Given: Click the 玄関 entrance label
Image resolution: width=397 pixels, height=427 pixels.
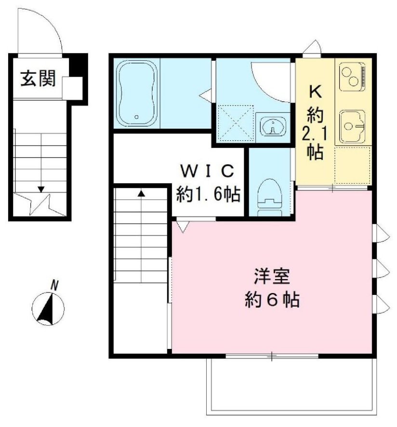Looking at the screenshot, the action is pyautogui.click(x=38, y=79).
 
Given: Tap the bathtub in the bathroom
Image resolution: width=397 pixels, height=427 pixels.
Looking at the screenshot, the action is pyautogui.click(x=137, y=93).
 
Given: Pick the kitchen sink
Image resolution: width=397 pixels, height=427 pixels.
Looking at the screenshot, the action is pyautogui.click(x=352, y=126).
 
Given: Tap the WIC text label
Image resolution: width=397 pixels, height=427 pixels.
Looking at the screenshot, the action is pyautogui.click(x=208, y=171).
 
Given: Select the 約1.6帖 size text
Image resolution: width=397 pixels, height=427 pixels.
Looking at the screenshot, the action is pyautogui.click(x=208, y=194).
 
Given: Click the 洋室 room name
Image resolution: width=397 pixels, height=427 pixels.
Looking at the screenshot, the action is pyautogui.click(x=272, y=276).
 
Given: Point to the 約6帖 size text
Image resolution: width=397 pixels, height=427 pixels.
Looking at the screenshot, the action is pyautogui.click(x=272, y=300).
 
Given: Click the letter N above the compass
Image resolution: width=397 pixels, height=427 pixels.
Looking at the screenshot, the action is pyautogui.click(x=55, y=286).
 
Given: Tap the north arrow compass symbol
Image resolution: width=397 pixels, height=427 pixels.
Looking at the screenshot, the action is pyautogui.click(x=48, y=309).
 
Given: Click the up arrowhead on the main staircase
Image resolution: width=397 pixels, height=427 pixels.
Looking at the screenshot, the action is pyautogui.click(x=141, y=193).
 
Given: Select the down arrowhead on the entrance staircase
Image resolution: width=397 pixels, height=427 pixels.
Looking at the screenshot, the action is pyautogui.click(x=41, y=189).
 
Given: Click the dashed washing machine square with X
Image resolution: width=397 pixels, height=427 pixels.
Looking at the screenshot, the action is pyautogui.click(x=236, y=123).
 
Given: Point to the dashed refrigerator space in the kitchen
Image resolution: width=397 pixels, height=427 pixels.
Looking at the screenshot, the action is pyautogui.click(x=353, y=165).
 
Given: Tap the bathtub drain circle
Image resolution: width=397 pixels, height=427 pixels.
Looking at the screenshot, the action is pyautogui.click(x=137, y=117).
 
